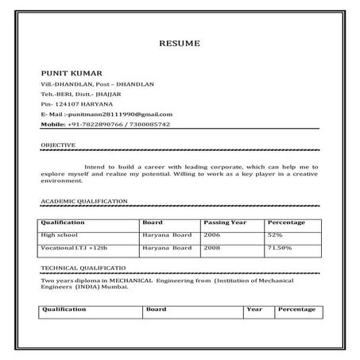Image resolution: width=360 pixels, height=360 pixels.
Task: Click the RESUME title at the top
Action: (x=180, y=42)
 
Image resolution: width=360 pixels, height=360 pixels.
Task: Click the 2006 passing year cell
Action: (x=211, y=235)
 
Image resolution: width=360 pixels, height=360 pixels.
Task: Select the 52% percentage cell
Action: (x=276, y=235)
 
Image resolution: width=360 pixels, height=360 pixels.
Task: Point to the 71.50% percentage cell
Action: (x=280, y=249)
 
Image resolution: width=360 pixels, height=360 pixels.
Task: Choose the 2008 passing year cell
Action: (x=211, y=249)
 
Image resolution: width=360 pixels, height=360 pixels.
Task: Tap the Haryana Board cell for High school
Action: (x=167, y=235)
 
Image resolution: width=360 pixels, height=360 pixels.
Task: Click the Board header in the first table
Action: (x=152, y=222)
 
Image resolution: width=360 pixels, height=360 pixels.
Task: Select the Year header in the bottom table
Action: (x=254, y=309)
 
